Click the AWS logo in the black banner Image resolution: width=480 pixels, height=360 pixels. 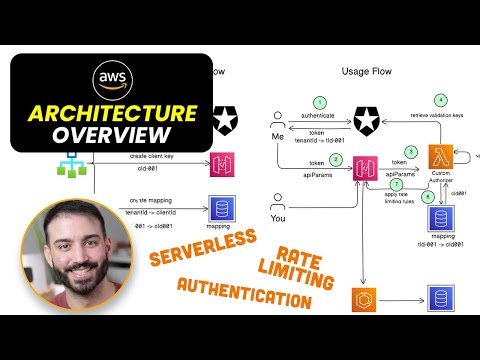click(x=110, y=81)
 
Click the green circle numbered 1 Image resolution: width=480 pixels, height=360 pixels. click(x=319, y=102)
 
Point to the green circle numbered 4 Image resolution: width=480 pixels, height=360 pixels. click(x=441, y=99)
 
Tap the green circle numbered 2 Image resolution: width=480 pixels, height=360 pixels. click(x=336, y=160)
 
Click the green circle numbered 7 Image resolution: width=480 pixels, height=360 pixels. click(x=396, y=184)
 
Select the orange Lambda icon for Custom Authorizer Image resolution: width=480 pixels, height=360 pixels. click(x=441, y=158)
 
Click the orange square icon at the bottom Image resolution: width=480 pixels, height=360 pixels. click(x=362, y=300)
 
